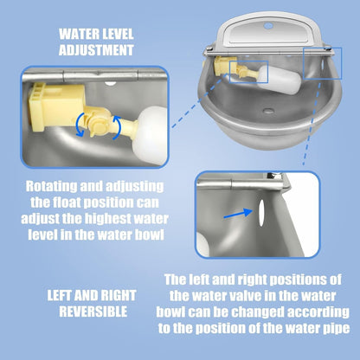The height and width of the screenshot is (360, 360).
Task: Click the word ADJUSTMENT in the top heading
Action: [x=97, y=50]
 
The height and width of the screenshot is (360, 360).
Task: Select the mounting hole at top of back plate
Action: [x=267, y=26]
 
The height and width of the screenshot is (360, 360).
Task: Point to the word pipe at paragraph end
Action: [x=333, y=329]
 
